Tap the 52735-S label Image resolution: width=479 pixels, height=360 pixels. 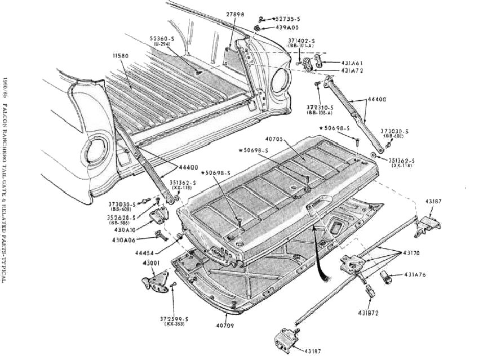click(x=287, y=19)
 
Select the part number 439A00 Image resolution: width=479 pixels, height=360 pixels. click(x=287, y=27)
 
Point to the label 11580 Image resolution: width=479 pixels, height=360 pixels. click(x=121, y=56)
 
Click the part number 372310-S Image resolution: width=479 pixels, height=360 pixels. click(x=320, y=107)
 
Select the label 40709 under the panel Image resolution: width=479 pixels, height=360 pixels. click(x=225, y=325)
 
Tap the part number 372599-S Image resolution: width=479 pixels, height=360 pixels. click(x=174, y=319)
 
